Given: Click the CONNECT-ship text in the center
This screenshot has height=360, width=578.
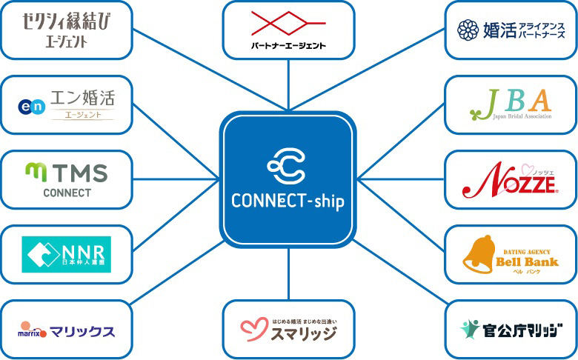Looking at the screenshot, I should point(288,201).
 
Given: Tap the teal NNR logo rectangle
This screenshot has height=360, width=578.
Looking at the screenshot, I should point(67,254).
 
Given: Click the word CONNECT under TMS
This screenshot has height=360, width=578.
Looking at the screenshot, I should point(67,193).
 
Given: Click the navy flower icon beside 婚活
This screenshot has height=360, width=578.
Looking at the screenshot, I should point(468,30).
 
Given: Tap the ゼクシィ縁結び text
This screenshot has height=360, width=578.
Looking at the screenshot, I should point(67,21).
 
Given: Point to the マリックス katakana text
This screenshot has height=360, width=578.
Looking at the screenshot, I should point(82,330).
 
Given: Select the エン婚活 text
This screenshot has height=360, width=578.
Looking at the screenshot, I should point(82,97).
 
